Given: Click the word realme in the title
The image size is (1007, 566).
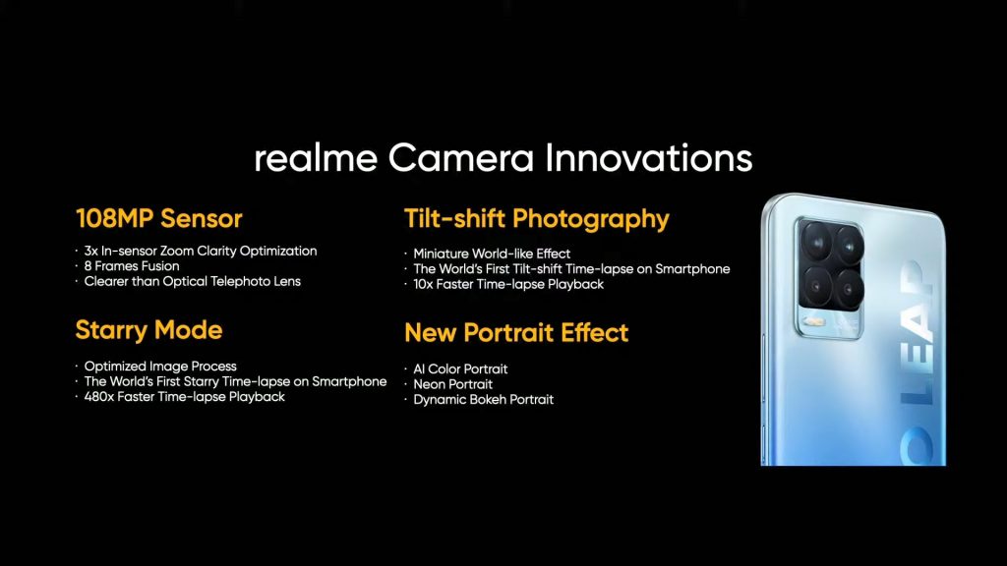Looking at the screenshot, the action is [316, 158].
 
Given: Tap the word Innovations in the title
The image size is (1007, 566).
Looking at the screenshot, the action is [649, 158].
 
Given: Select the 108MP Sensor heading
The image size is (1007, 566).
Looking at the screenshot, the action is [158, 219].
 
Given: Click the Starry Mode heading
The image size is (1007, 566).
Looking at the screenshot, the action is [149, 330].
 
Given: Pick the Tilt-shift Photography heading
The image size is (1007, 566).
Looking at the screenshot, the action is [537, 219].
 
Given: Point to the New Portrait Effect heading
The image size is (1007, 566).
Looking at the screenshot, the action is [516, 332].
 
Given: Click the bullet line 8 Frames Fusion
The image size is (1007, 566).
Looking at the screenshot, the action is [132, 265].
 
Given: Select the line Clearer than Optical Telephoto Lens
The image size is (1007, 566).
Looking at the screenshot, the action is [192, 281].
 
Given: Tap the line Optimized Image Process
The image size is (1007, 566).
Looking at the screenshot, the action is [160, 367].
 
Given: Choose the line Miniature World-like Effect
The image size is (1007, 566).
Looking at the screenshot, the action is [492, 254].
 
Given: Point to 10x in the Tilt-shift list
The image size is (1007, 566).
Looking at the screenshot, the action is [423, 284].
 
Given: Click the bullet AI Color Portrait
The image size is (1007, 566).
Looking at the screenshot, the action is [460, 369].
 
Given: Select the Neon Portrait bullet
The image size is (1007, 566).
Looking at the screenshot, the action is [452, 384].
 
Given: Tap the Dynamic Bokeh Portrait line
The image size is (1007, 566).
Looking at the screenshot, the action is [484, 400].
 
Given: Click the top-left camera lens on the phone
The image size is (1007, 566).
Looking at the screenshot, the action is [817, 242].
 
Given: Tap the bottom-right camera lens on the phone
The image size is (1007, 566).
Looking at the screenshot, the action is [849, 290].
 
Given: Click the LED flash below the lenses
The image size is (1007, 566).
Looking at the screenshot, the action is [814, 321].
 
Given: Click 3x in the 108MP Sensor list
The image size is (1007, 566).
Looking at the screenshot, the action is [90, 251].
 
